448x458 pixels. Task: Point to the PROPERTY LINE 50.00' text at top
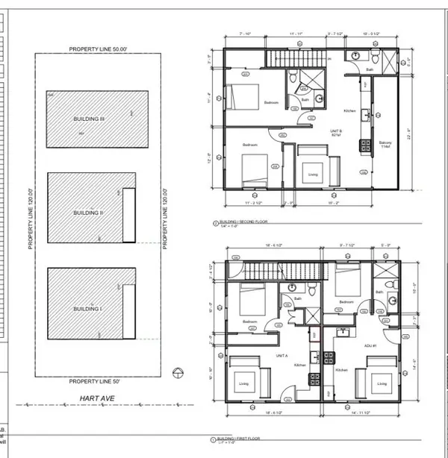tap(100, 48)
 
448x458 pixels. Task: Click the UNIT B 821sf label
tap(326, 131)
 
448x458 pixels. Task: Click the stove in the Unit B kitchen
tap(364, 142)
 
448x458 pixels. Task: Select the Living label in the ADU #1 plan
tap(382, 385)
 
